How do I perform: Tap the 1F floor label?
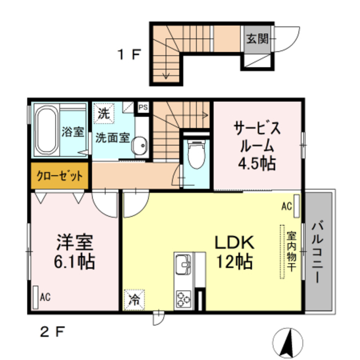click(x=128, y=55)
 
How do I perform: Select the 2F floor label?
click(x=52, y=331)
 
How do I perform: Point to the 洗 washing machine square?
click(x=103, y=112)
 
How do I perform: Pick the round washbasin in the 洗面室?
click(x=138, y=147)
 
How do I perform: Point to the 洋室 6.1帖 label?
click(x=75, y=252)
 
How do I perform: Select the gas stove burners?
click(x=184, y=296)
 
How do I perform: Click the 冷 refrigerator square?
click(x=134, y=298)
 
